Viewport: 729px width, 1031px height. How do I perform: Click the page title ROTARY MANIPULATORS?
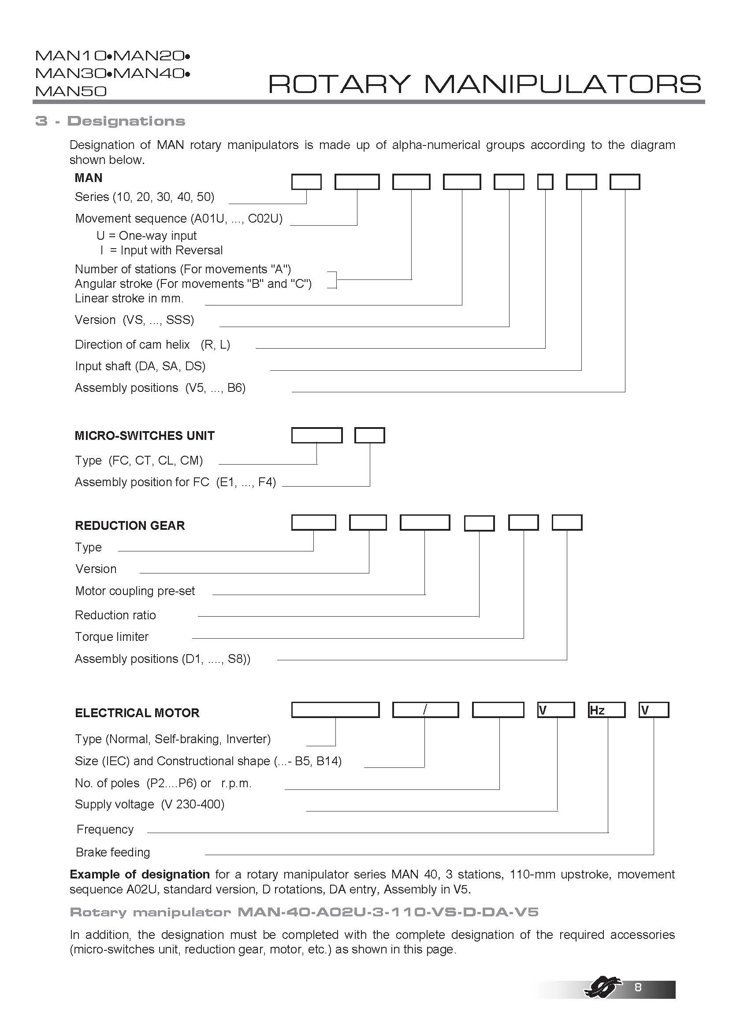click(484, 84)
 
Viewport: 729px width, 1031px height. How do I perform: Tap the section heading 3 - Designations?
click(111, 121)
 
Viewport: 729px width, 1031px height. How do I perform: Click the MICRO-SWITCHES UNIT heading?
click(144, 435)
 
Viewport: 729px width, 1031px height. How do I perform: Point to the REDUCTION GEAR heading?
click(130, 525)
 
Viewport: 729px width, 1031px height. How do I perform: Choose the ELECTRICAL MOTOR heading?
click(137, 713)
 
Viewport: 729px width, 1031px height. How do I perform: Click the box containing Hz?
click(606, 710)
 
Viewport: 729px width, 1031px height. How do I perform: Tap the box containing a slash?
click(425, 710)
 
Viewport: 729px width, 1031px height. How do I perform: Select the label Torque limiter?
click(112, 637)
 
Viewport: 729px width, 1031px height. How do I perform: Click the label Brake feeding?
click(113, 852)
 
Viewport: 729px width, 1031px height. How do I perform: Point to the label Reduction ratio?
click(115, 615)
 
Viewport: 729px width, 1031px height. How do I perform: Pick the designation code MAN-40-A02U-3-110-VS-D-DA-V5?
click(387, 912)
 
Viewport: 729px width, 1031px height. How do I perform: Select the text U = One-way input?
click(146, 236)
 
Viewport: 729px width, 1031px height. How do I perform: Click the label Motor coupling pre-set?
click(135, 591)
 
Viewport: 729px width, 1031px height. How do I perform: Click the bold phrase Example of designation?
click(140, 874)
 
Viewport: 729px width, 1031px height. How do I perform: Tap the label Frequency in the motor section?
click(105, 830)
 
